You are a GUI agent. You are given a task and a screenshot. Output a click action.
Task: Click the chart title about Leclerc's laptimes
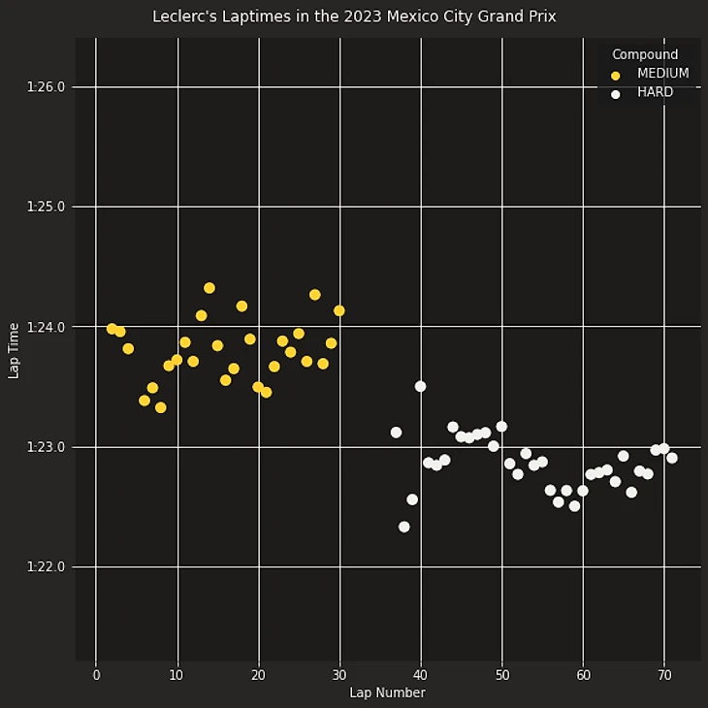tap(354, 16)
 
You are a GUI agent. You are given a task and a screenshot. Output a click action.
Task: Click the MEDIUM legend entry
tap(662, 74)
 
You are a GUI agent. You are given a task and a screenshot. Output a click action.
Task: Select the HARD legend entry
tap(655, 92)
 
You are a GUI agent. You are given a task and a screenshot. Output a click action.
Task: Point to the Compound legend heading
tap(645, 54)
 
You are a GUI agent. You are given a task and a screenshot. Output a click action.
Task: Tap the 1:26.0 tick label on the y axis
tap(47, 87)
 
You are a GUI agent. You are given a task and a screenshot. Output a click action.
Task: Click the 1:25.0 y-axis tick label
tap(47, 207)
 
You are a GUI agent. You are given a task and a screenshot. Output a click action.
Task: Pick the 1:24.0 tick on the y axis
tap(47, 327)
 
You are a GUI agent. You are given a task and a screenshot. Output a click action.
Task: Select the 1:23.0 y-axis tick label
tap(47, 447)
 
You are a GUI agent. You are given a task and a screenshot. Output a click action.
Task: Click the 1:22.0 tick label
tap(47, 566)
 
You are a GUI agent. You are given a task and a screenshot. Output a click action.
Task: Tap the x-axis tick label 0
tap(96, 675)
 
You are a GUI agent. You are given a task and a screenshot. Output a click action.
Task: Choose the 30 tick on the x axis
tap(339, 675)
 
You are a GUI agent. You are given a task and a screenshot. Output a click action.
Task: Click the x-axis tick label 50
tap(501, 675)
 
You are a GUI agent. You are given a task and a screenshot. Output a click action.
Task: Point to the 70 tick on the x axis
tap(664, 675)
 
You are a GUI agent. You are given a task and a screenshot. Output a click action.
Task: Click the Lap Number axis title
tap(387, 692)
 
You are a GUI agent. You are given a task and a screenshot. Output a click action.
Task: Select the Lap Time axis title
tap(14, 350)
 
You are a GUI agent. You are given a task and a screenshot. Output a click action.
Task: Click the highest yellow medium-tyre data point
tap(209, 288)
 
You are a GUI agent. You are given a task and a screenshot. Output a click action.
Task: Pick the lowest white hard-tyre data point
tap(404, 527)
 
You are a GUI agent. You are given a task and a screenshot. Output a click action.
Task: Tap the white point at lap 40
tap(421, 386)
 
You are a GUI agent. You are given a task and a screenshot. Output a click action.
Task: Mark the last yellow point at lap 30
tap(339, 310)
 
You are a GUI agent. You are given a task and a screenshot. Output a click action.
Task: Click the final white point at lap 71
tap(672, 458)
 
